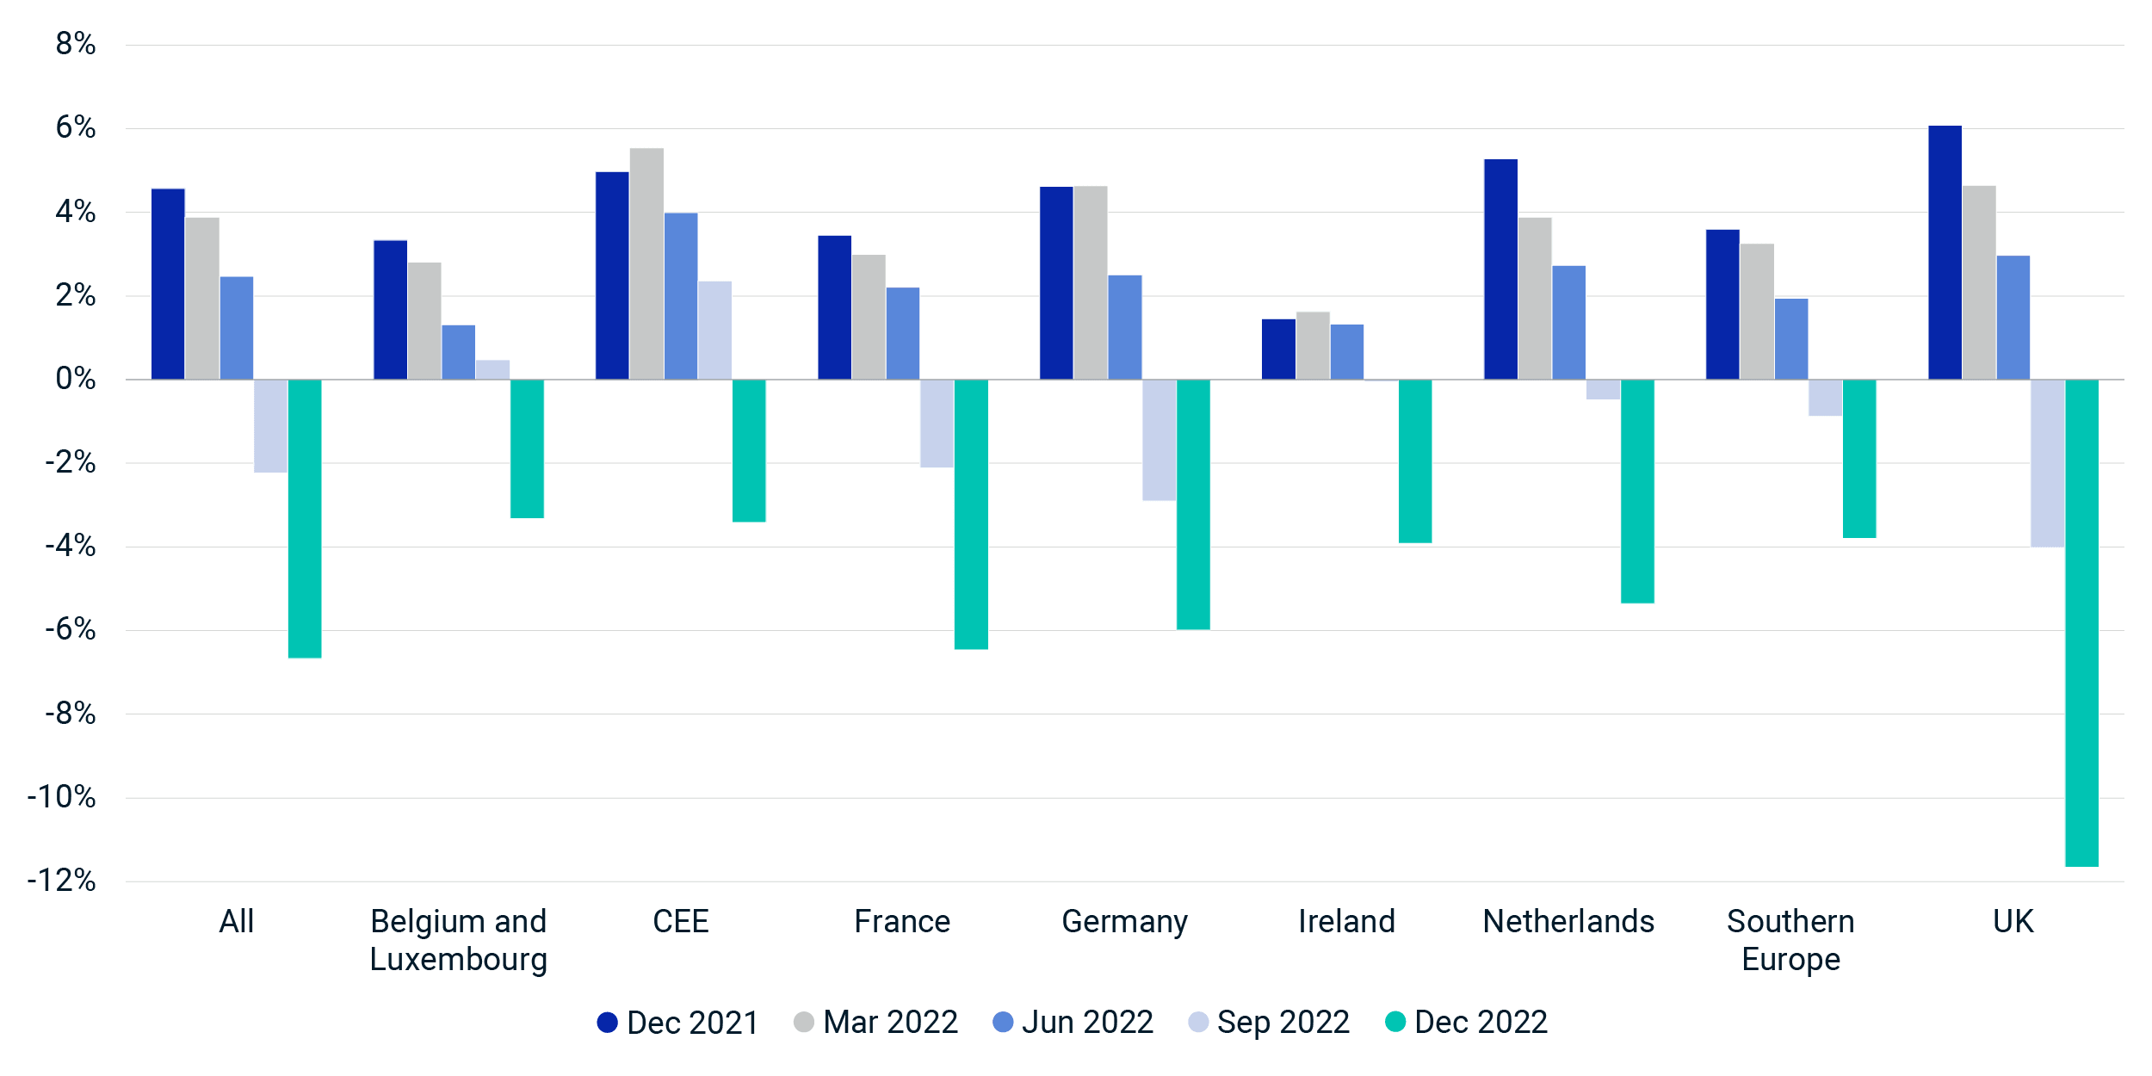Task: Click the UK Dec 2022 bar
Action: coord(2081,622)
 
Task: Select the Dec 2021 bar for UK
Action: coord(1945,252)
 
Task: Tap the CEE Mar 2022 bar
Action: coord(646,263)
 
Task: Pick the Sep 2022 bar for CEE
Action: coord(714,331)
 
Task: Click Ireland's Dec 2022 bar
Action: coord(1415,461)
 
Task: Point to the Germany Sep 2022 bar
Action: coord(1159,440)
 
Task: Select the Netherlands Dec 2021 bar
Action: coord(1500,269)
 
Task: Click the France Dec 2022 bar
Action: coord(971,514)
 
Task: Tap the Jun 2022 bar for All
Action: coord(237,328)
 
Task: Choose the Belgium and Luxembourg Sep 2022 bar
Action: coord(492,370)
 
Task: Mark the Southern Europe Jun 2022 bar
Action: coord(1791,339)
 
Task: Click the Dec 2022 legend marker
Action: coord(1395,1022)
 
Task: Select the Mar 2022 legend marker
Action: coord(804,1022)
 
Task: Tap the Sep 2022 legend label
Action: coord(1283,1022)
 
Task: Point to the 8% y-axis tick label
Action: coord(76,44)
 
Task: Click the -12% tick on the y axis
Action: coord(62,881)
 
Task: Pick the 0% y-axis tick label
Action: coord(76,379)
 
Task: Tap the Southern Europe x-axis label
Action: coord(1791,940)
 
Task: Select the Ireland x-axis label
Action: coord(1346,921)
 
